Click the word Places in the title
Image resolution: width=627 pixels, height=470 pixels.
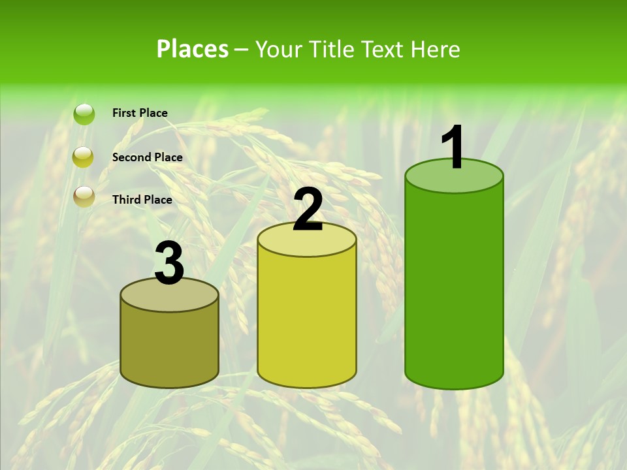(193, 49)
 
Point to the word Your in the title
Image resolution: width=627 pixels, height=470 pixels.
(278, 49)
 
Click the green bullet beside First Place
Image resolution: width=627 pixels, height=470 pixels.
(84, 114)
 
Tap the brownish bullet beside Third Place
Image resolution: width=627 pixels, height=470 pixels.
(84, 196)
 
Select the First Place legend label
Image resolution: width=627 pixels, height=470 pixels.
(140, 113)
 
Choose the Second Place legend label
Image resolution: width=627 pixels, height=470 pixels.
(147, 157)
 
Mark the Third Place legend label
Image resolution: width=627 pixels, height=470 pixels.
(142, 200)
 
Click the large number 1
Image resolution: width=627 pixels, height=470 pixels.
(453, 148)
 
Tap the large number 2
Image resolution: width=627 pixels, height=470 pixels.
(308, 210)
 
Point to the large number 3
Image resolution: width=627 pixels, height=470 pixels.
(170, 263)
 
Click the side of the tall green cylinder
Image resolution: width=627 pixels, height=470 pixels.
(454, 287)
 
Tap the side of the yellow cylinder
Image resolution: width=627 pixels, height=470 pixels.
(307, 320)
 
